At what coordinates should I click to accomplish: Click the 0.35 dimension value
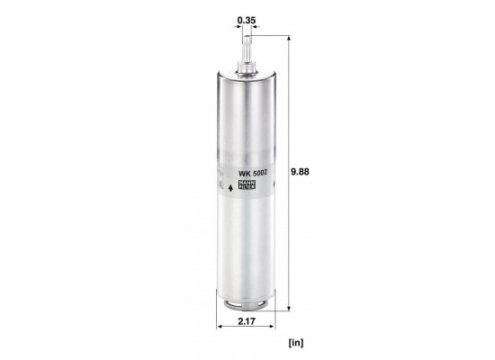click(x=247, y=20)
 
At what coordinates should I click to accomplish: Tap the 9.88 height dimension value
click(x=300, y=172)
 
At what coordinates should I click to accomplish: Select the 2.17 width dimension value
click(x=247, y=321)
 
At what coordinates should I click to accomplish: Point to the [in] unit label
click(x=296, y=342)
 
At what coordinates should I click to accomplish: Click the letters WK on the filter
click(x=244, y=174)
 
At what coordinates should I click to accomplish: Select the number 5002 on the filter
click(x=259, y=173)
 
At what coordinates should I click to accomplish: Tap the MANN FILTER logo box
click(x=247, y=184)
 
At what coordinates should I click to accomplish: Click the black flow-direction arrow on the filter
click(x=230, y=188)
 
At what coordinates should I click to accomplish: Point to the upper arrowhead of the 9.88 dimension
click(x=289, y=38)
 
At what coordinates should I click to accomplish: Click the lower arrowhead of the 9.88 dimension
click(x=289, y=308)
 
